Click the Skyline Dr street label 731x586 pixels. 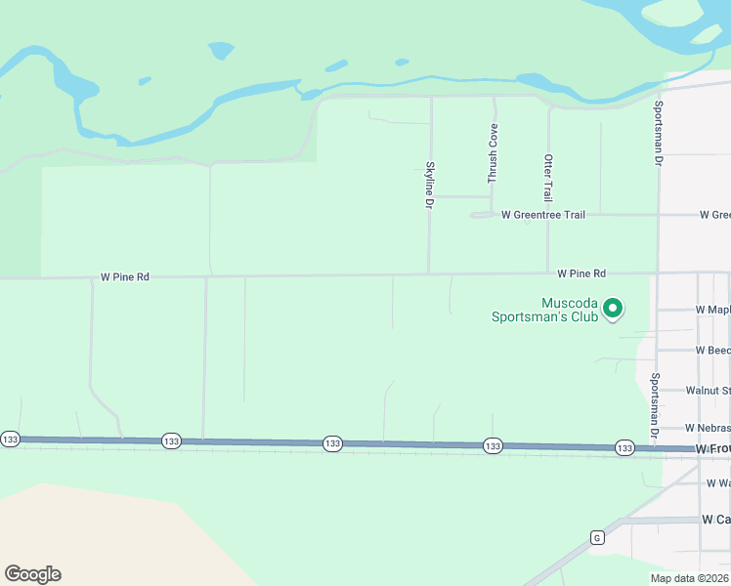click(x=428, y=185)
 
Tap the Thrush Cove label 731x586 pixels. click(x=494, y=153)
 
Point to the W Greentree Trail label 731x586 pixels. click(x=543, y=214)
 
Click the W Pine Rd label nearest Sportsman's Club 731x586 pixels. click(x=581, y=273)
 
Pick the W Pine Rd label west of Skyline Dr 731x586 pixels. click(x=125, y=277)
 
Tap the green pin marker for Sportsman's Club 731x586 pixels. click(x=613, y=309)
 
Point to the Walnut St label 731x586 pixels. click(x=708, y=390)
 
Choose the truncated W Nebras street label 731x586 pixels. click(x=707, y=428)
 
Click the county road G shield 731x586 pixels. click(x=595, y=536)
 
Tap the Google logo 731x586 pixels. click(x=32, y=574)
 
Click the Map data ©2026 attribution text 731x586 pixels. click(x=689, y=577)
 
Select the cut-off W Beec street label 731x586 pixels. click(x=712, y=350)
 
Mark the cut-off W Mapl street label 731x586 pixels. click(x=712, y=310)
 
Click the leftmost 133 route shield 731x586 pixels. click(x=10, y=439)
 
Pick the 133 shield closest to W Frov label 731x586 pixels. click(x=624, y=447)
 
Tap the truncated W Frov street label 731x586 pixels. click(x=712, y=448)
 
